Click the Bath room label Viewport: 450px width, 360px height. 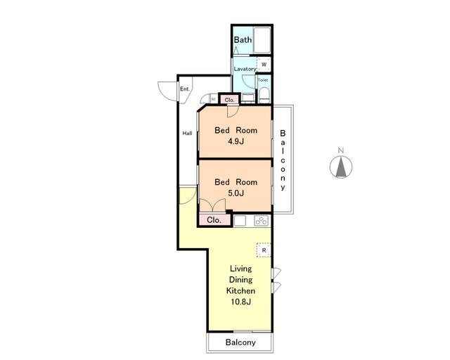(243, 39)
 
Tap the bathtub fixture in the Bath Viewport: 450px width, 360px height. (262, 40)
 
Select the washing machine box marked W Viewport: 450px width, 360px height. (264, 64)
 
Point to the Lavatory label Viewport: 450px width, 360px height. (245, 69)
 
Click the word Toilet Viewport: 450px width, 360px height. (263, 80)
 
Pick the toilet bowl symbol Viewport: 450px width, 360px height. (264, 95)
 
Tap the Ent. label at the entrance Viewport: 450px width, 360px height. (185, 89)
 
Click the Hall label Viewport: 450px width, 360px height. (188, 133)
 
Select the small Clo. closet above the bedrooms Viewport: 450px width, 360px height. (229, 100)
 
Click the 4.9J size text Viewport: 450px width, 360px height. (236, 141)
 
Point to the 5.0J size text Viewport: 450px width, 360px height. (236, 193)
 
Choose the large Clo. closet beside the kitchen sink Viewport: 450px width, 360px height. (214, 220)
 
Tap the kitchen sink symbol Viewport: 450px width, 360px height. (240, 221)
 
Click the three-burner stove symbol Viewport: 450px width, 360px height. (261, 221)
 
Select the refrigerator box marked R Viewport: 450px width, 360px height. (264, 250)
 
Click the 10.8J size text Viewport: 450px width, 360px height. (240, 302)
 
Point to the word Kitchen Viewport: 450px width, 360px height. (240, 290)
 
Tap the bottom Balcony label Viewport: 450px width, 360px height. (240, 342)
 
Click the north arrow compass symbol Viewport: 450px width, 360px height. (341, 167)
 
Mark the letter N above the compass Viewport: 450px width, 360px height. (341, 150)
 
